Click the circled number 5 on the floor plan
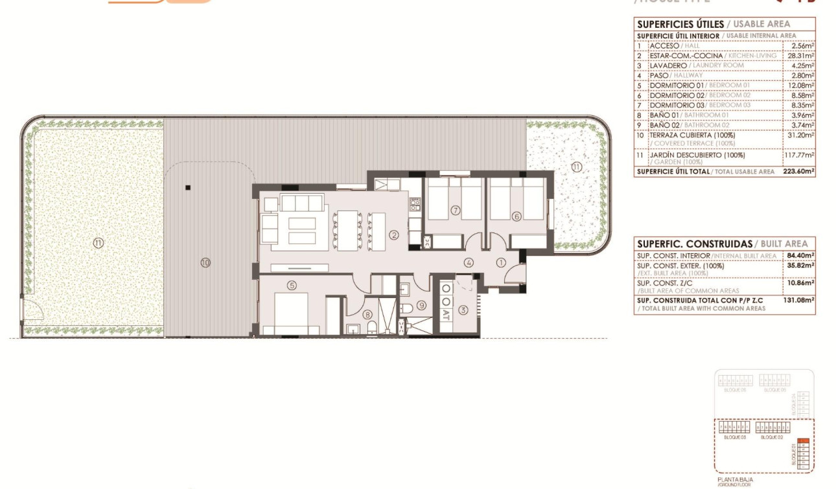click(292, 285)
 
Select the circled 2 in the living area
click(394, 235)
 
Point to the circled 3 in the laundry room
click(463, 310)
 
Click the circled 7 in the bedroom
click(456, 210)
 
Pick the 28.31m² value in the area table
click(799, 56)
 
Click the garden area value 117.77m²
click(798, 155)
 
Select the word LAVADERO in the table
click(668, 65)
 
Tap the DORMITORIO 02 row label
click(677, 95)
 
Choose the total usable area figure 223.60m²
click(798, 172)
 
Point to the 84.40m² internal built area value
click(800, 256)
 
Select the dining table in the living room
click(350, 230)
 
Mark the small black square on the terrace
click(188, 188)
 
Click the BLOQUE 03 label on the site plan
click(734, 438)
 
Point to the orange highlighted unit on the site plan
click(802, 442)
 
